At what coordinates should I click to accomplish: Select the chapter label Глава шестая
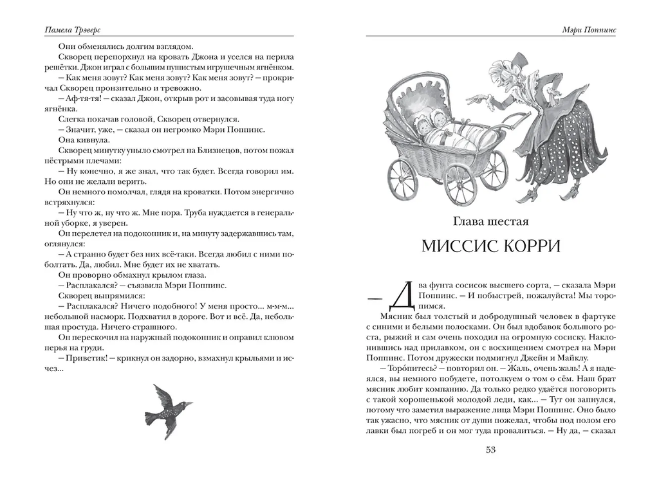(x=490, y=222)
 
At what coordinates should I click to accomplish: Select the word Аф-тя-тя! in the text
(x=80, y=98)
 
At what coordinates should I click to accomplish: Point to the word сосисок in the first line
(x=472, y=286)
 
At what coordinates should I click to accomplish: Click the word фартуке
(x=598, y=316)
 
